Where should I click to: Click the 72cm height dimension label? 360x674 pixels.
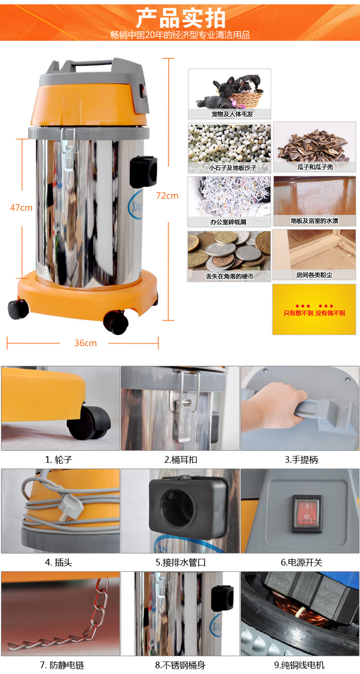pyautogui.click(x=167, y=196)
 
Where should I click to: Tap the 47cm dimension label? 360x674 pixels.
pyautogui.click(x=21, y=207)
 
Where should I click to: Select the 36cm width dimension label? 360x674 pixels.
pyautogui.click(x=86, y=343)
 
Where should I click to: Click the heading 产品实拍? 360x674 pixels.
pyautogui.click(x=181, y=18)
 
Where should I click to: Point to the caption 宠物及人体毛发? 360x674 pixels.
pyautogui.click(x=232, y=114)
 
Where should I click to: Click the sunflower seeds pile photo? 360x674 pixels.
pyautogui.click(x=314, y=146)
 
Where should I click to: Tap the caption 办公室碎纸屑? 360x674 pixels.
pyautogui.click(x=228, y=222)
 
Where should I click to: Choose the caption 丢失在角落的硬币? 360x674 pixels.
pyautogui.click(x=230, y=276)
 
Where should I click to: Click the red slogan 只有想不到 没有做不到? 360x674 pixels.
pyautogui.click(x=314, y=313)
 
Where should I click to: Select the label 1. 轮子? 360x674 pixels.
pyautogui.click(x=59, y=459)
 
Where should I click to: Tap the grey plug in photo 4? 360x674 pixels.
pyautogui.click(x=69, y=506)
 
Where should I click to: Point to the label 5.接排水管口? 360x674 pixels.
pyautogui.click(x=180, y=562)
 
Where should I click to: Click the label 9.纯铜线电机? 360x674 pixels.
pyautogui.click(x=299, y=665)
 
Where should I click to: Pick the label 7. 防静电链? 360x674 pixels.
pyautogui.click(x=62, y=665)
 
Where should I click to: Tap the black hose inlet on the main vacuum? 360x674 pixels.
pyautogui.click(x=144, y=172)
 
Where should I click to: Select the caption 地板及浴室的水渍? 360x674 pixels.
pyautogui.click(x=314, y=220)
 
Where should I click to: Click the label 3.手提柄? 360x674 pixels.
pyautogui.click(x=301, y=459)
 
